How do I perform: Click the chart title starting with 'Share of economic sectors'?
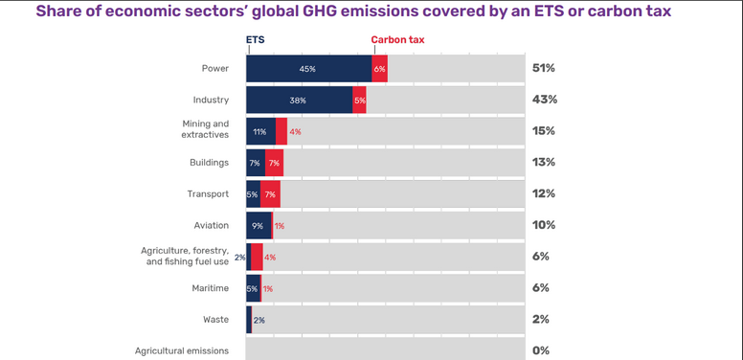(x=353, y=11)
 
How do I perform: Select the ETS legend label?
(x=256, y=40)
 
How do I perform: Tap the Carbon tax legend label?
(x=397, y=40)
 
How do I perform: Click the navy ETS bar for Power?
(x=308, y=69)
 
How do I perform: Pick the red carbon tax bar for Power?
(x=379, y=69)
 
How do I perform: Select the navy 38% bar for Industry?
(x=299, y=100)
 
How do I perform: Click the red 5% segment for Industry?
(x=359, y=100)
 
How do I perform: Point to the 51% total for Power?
(x=544, y=69)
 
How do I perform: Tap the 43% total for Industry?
(x=544, y=100)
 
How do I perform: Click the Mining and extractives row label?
(x=205, y=130)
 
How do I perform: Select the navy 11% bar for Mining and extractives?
(x=259, y=131)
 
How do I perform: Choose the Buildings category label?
(x=209, y=163)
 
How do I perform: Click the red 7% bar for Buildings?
(x=274, y=163)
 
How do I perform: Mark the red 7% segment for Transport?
(x=270, y=194)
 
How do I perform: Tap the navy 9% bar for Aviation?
(x=258, y=226)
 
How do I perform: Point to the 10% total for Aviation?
(x=544, y=226)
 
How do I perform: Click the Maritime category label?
(x=210, y=288)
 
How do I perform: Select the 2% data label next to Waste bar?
(x=259, y=320)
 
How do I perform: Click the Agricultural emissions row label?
(x=181, y=350)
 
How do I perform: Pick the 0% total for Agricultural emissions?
(x=541, y=350)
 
